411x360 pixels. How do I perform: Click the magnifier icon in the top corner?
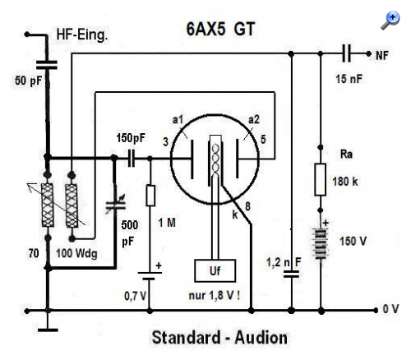pos(390,20)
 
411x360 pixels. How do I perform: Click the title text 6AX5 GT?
pos(220,29)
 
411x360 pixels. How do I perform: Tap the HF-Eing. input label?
pos(81,35)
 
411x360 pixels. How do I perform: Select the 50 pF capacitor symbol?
pos(47,65)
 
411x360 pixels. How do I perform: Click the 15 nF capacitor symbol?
pos(346,53)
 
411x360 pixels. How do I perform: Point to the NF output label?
pos(382,56)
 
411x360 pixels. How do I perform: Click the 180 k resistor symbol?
pos(320,179)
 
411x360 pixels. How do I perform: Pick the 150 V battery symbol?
pos(321,244)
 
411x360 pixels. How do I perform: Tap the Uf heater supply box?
pos(215,270)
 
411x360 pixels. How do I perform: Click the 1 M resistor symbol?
pos(150,196)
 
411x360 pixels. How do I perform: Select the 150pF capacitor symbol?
pos(132,158)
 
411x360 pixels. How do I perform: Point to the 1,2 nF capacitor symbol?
pos(291,274)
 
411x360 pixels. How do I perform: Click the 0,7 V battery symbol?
pos(150,275)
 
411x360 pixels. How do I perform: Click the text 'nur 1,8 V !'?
pos(215,296)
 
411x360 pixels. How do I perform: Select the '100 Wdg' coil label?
pos(76,253)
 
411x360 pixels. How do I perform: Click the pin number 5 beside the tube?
pos(263,139)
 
